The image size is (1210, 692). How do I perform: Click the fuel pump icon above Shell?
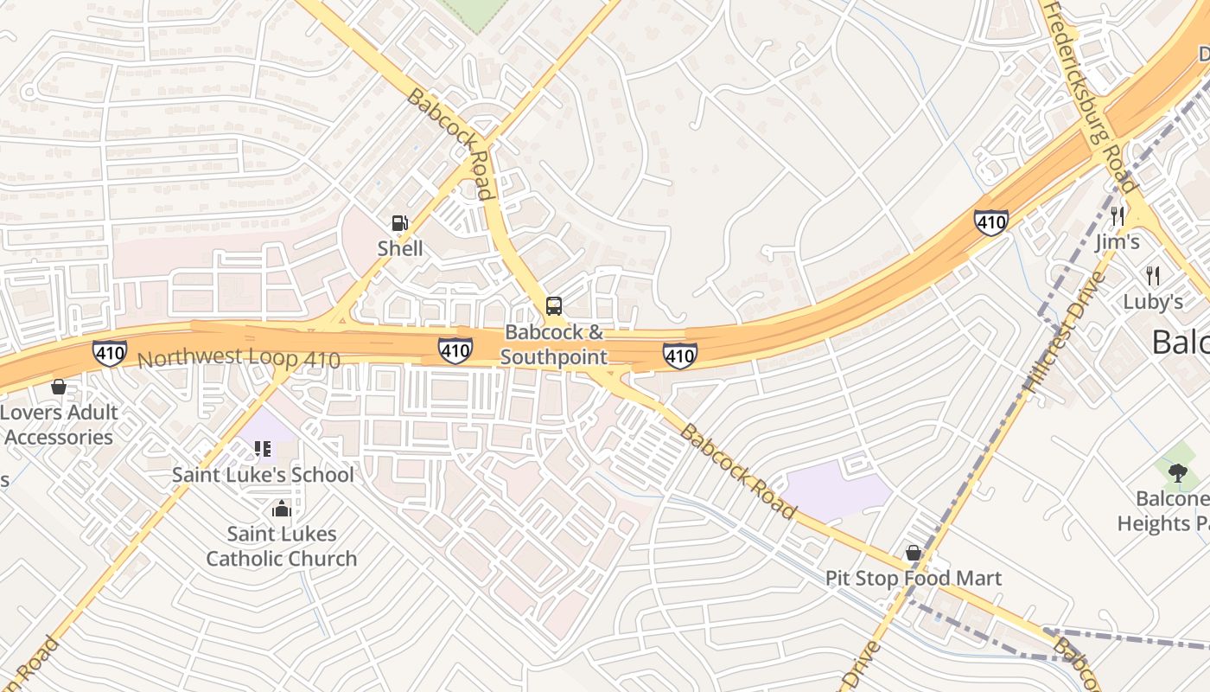[x=399, y=223]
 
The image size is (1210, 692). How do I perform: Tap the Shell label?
[x=400, y=249]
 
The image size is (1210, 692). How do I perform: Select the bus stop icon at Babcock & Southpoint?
[x=553, y=305]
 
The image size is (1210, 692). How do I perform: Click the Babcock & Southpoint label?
[x=553, y=344]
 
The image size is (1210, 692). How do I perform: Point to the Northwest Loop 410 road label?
[x=239, y=359]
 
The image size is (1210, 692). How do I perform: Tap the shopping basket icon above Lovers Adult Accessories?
[x=59, y=387]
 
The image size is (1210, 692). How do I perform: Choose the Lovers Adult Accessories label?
[x=59, y=425]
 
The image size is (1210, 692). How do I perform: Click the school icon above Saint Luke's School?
[x=263, y=449]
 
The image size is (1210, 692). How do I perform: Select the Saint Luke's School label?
[x=263, y=475]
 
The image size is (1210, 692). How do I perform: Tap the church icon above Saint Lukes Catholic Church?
[x=281, y=508]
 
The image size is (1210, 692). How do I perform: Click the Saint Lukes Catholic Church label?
[x=281, y=546]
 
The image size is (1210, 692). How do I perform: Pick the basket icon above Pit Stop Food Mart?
[x=913, y=553]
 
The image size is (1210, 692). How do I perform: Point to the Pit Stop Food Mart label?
[x=913, y=578]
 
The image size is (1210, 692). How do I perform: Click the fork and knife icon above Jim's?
[x=1118, y=215]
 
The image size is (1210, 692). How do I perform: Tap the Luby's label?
[x=1152, y=302]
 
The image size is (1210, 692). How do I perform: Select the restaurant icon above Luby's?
[x=1152, y=276]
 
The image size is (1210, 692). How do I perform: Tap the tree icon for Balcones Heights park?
[x=1176, y=472]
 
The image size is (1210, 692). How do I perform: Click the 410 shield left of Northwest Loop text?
[x=110, y=352]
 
